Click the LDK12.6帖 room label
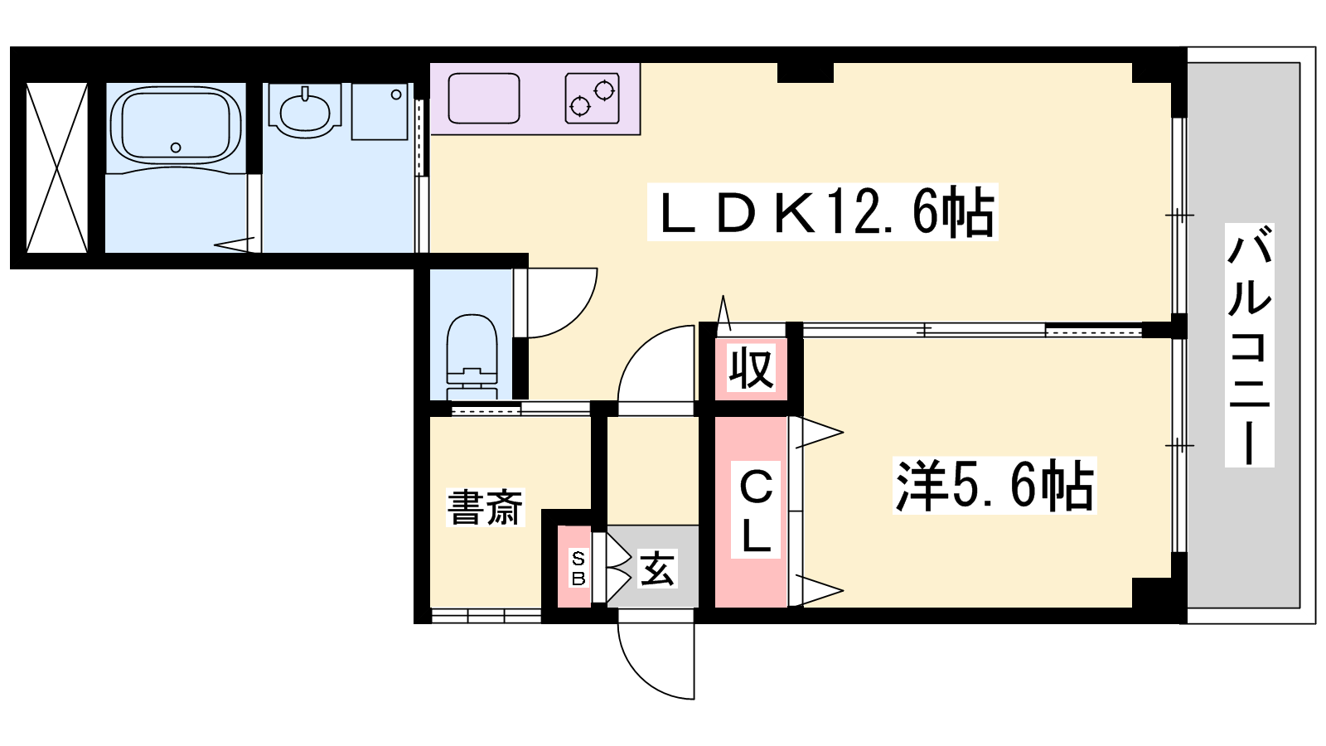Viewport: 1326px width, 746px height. click(822, 212)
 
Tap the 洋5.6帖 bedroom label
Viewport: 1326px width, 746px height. click(994, 485)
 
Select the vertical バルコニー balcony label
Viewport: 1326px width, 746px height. click(1249, 345)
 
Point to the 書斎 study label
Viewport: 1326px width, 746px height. click(485, 507)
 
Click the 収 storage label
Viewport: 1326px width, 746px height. click(751, 368)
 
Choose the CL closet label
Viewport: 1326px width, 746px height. click(755, 510)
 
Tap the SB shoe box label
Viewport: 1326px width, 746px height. click(578, 568)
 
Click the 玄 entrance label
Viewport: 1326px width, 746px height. click(656, 569)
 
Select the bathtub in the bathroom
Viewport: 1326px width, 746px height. click(176, 125)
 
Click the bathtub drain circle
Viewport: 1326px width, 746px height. click(175, 148)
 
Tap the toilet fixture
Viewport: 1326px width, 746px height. click(472, 357)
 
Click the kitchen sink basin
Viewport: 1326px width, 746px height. click(484, 99)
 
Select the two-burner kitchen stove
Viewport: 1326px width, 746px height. click(592, 99)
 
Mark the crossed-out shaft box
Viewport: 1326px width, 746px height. click(57, 167)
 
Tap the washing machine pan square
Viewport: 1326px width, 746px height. click(380, 111)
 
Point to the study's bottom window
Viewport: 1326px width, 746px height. click(486, 616)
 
